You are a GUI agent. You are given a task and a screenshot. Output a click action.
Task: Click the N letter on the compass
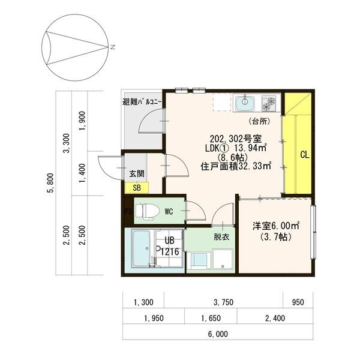[x=113, y=47]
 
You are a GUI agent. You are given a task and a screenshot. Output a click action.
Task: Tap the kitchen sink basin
[x=245, y=103]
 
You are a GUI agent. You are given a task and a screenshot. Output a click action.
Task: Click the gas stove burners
[x=269, y=103]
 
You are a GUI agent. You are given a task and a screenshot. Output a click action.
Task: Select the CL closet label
[x=305, y=155]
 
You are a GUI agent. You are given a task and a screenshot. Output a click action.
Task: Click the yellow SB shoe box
[x=137, y=188]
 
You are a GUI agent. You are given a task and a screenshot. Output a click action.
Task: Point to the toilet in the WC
[x=148, y=211]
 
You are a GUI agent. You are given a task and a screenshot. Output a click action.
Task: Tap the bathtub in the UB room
[x=141, y=248]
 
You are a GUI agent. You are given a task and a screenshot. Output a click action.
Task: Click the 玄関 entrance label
[x=137, y=173]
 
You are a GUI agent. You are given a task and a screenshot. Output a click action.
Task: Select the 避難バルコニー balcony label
[x=142, y=102]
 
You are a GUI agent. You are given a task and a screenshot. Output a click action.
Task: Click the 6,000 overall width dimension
[x=218, y=334]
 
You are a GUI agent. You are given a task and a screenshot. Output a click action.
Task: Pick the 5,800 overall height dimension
[x=50, y=182]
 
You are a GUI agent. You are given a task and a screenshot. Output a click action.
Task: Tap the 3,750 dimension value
[x=223, y=302]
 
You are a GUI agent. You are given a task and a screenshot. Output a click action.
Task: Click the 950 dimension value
[x=298, y=302]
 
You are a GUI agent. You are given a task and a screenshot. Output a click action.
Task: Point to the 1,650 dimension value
[x=211, y=318]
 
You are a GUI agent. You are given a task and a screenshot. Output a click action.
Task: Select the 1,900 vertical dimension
[x=82, y=121]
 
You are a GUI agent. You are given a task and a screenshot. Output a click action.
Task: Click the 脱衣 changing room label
[x=221, y=237]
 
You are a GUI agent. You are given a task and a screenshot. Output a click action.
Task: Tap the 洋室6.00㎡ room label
[x=276, y=226]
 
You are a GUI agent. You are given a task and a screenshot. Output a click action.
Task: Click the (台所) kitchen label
[x=260, y=121]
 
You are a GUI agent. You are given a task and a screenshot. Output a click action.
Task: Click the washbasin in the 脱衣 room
[x=223, y=259]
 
